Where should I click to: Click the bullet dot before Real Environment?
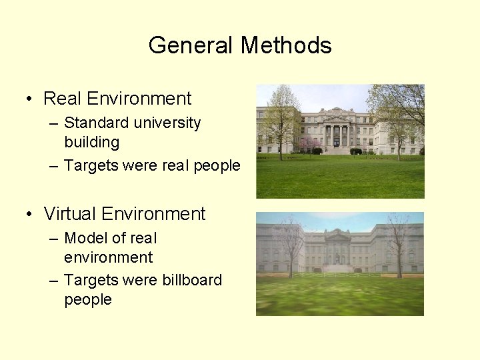[29, 99]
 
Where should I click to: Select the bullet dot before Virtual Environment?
[29, 215]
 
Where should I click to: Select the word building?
[92, 142]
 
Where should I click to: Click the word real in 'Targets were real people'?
[177, 165]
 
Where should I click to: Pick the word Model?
[85, 238]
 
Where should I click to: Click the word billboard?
[192, 280]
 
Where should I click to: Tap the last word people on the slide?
[88, 299]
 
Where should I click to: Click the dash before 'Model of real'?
[54, 239]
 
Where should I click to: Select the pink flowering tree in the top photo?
[309, 145]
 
